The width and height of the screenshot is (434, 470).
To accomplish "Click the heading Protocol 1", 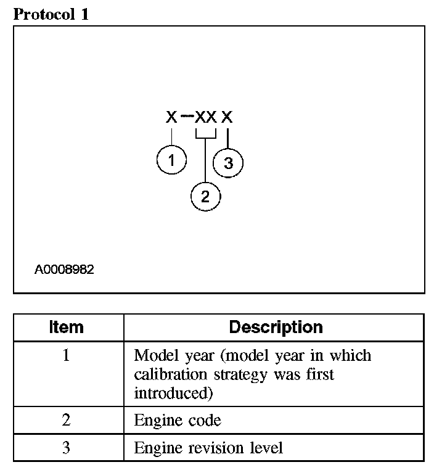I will point(51,14).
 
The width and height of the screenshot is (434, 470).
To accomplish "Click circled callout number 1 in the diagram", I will point(171,161).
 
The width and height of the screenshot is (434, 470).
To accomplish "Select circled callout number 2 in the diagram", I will point(205,197).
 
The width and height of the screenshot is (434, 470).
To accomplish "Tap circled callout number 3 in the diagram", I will point(228,163).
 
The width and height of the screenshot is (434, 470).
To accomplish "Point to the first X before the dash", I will point(171,117).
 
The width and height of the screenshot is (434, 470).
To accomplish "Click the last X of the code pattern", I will point(227,117).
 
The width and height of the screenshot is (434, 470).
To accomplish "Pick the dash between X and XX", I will point(186,117).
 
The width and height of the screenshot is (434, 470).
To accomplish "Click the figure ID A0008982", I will point(64,270).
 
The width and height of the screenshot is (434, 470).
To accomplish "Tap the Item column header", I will point(66,327).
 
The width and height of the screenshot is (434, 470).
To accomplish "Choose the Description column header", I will point(276,327).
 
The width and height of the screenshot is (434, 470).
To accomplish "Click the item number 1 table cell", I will point(66,357).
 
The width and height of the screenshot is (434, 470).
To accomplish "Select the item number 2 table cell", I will point(66,421).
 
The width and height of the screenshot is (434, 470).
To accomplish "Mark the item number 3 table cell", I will point(66,448).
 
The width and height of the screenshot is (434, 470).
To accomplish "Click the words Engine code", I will point(178,421).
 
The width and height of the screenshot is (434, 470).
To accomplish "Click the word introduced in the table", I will point(165,392).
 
